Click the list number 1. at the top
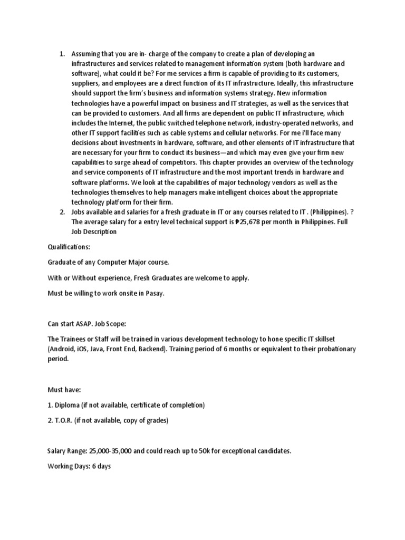click(x=61, y=54)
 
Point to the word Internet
click(x=115, y=123)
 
